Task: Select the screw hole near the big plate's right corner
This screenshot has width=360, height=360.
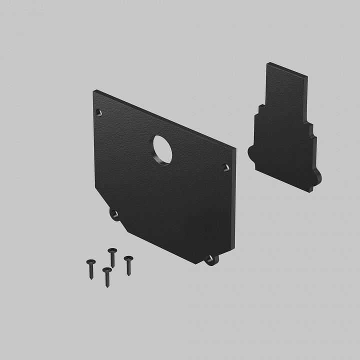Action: tap(225, 166)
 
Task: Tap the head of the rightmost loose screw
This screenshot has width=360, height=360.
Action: tap(128, 259)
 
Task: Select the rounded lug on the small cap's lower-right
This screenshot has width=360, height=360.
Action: tap(317, 179)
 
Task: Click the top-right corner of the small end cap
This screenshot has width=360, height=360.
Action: tap(307, 76)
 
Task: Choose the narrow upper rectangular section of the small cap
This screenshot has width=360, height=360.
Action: tap(286, 90)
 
